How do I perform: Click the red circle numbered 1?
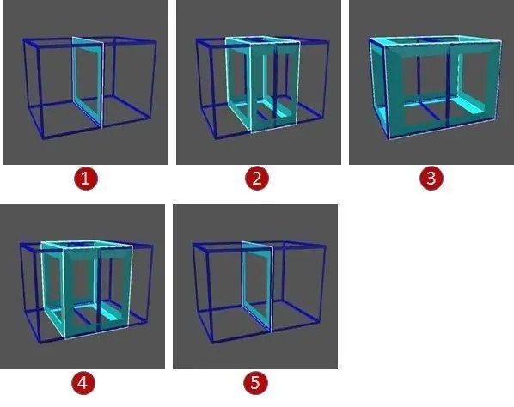coord(85,179)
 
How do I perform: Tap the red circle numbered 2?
coord(257,179)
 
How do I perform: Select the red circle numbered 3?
coord(431,179)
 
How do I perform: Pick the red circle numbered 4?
coord(83,383)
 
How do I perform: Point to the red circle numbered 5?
coord(255,383)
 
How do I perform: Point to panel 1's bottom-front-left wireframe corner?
coord(44,138)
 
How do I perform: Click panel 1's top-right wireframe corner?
coord(156,41)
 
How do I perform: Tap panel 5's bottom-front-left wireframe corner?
coord(211,343)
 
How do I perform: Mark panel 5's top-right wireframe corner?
coord(325,245)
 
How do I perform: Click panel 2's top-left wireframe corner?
coord(197,39)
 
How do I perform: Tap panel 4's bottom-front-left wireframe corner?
coord(40,342)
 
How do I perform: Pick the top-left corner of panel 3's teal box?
coord(370,39)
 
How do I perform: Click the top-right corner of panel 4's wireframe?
coord(153,246)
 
